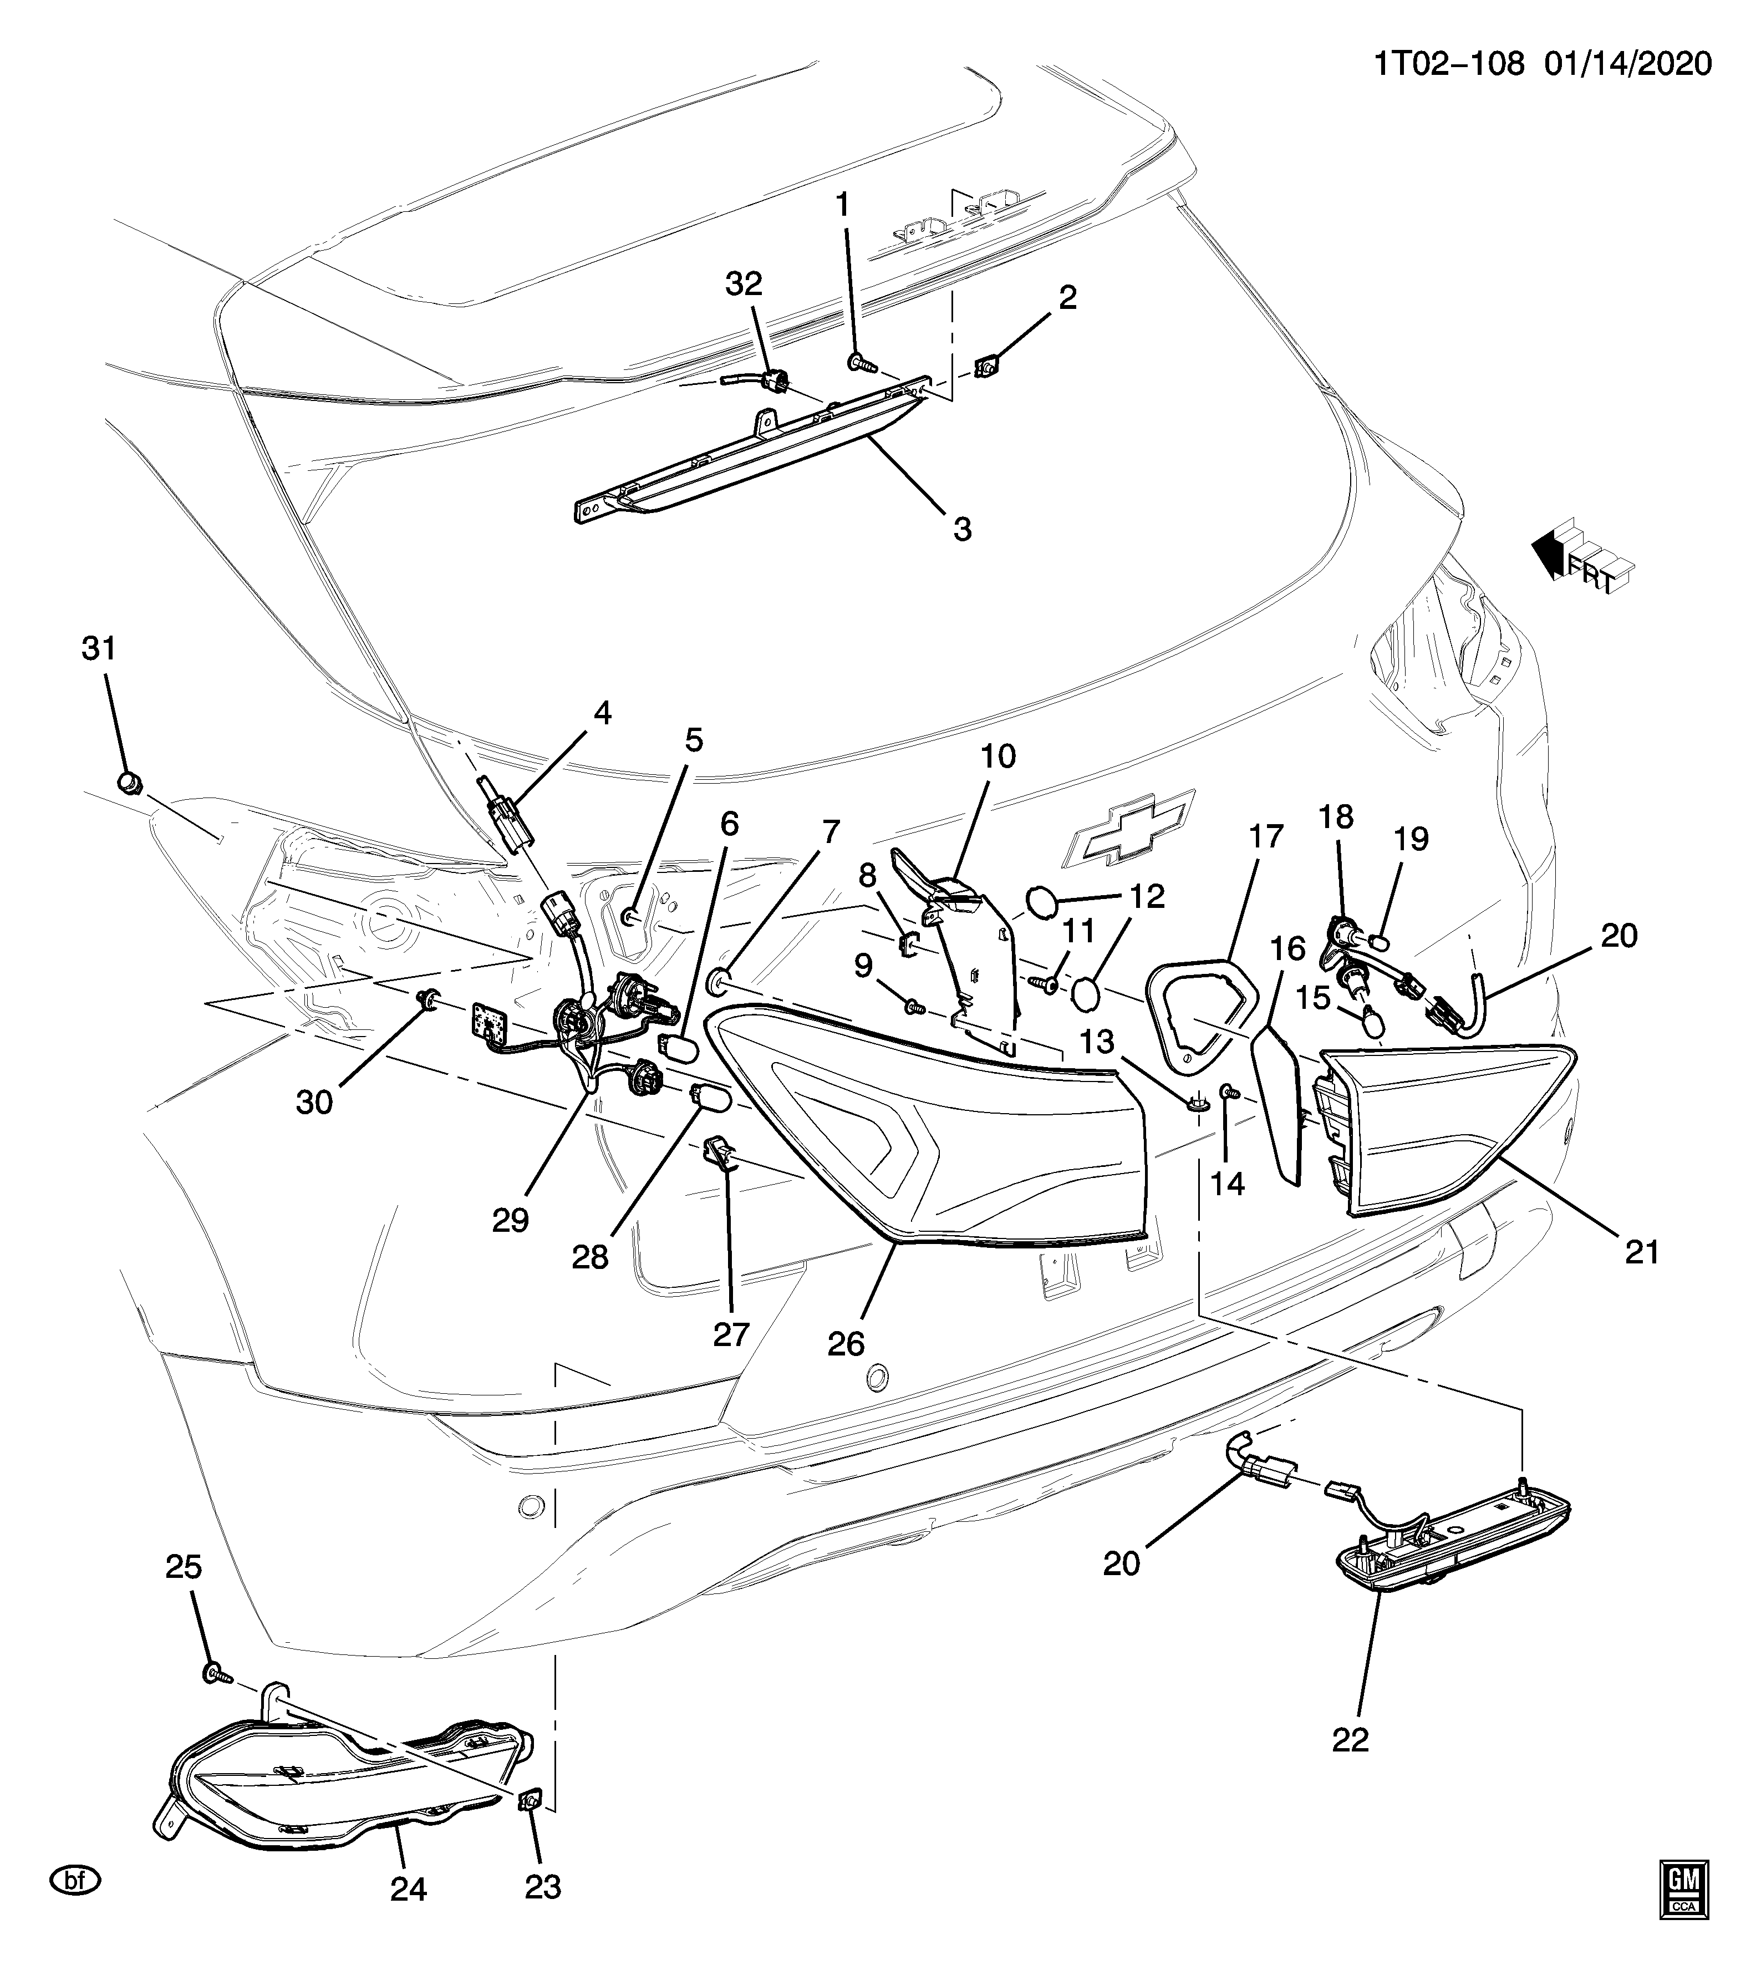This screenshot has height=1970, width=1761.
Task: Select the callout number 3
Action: pyautogui.click(x=962, y=529)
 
